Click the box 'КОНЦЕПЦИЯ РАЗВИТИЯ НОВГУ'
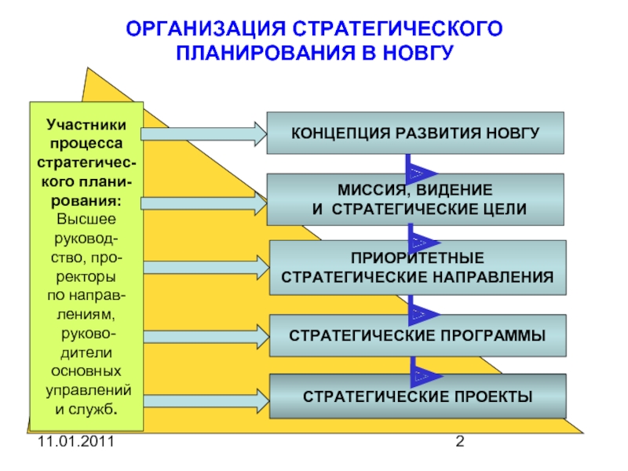tap(416, 132)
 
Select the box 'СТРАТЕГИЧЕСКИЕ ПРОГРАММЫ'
tap(416, 336)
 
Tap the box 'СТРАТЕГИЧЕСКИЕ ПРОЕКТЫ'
tap(416, 396)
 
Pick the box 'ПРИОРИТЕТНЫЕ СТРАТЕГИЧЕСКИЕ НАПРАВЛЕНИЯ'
tap(416, 268)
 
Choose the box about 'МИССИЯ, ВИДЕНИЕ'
tap(416, 199)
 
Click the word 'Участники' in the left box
tap(86, 123)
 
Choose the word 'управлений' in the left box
tap(86, 390)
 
